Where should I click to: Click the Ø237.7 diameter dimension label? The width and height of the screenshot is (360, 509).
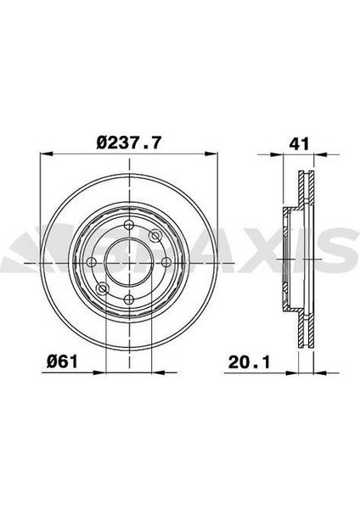coord(129,143)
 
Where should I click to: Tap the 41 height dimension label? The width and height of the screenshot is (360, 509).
coord(299,143)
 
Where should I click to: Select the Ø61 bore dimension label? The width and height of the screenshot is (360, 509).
coord(62,361)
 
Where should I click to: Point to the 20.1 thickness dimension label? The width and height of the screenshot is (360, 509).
coord(250,362)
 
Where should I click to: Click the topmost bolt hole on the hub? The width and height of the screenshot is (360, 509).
coord(129,225)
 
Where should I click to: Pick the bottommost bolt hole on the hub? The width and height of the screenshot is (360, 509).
coord(129,299)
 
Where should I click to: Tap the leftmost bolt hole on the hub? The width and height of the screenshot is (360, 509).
coord(92,262)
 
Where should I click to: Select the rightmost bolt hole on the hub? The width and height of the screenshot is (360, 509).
coord(166,262)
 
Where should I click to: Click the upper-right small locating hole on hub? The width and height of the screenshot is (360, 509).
coord(155,235)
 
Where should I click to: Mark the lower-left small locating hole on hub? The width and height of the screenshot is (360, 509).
coord(103,288)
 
